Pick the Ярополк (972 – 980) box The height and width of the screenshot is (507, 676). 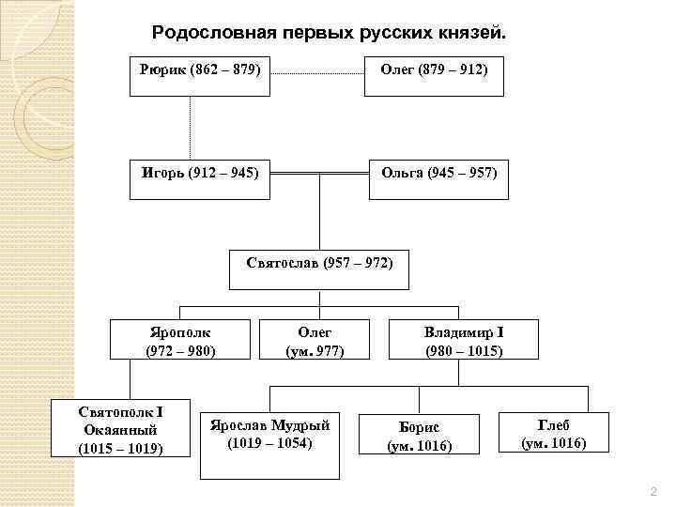(x=180, y=340)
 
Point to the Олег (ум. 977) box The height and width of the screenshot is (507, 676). (x=315, y=340)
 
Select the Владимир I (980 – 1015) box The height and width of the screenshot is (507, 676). (x=464, y=340)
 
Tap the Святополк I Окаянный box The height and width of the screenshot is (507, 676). (x=120, y=429)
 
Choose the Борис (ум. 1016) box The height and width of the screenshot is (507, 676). (x=420, y=436)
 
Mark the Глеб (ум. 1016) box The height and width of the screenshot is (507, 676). (x=553, y=432)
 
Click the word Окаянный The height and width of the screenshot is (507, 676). (x=120, y=429)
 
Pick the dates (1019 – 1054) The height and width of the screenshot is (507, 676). (x=269, y=441)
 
